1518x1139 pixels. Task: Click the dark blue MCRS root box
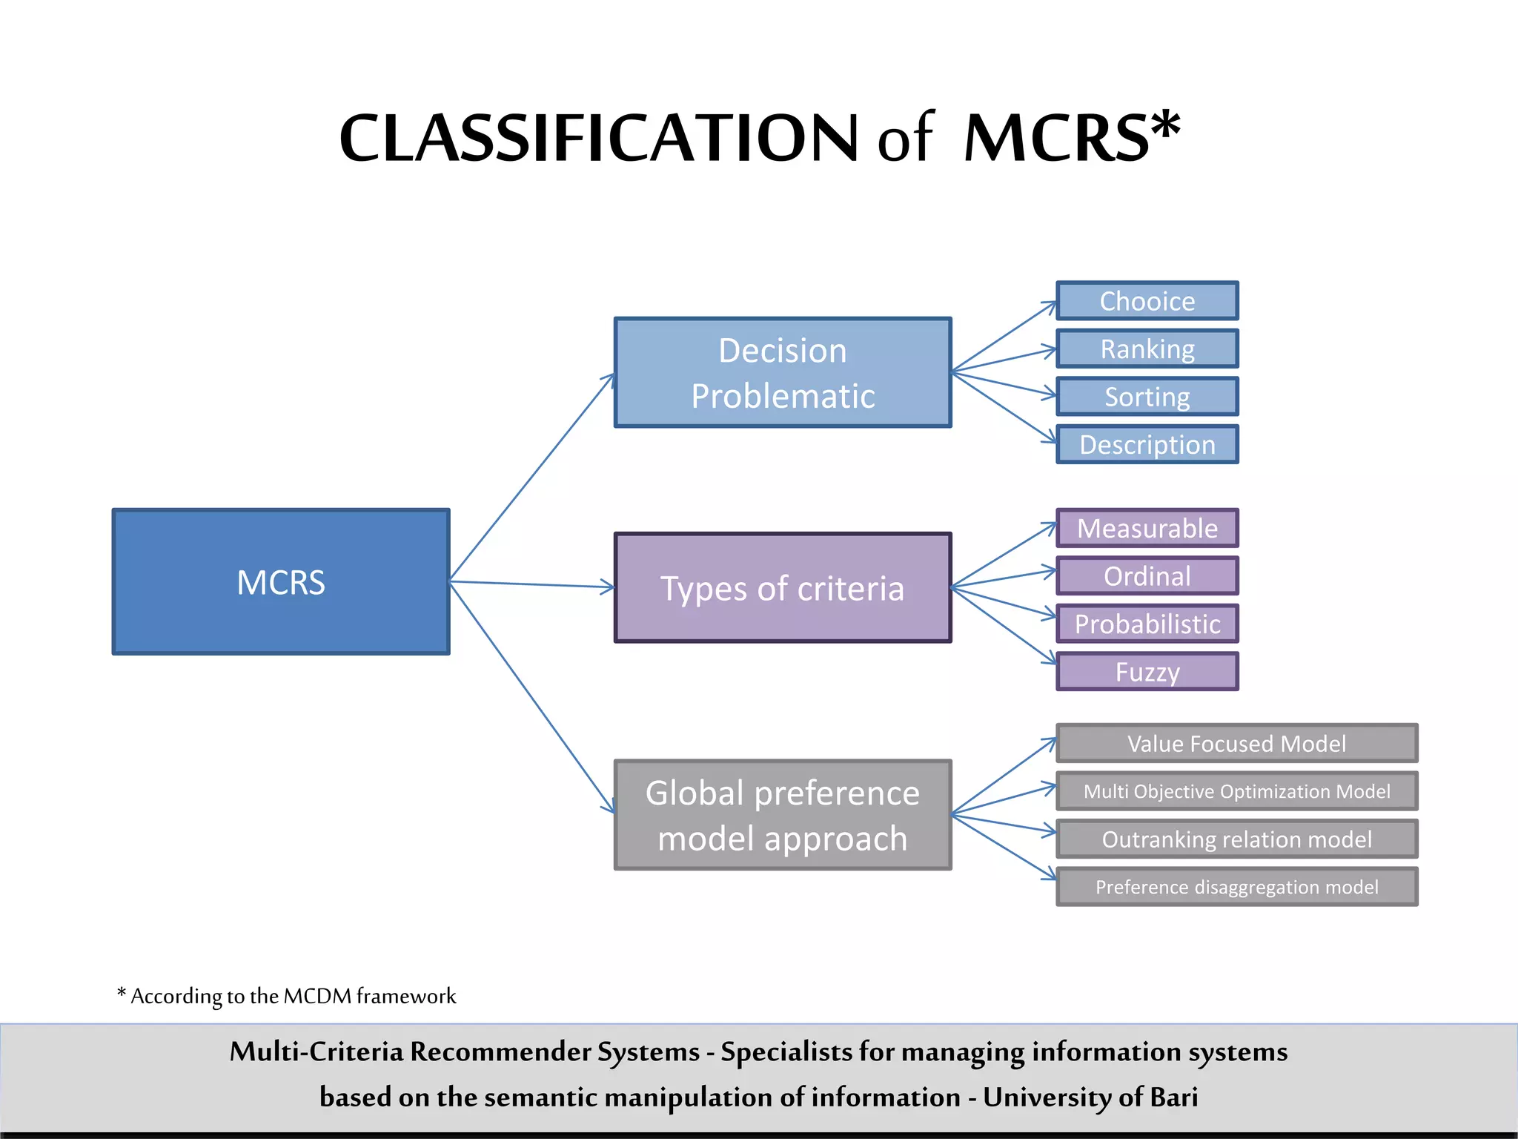pyautogui.click(x=281, y=582)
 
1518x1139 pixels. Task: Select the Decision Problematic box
pyautogui.click(x=783, y=373)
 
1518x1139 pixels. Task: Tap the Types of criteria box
pyautogui.click(x=783, y=587)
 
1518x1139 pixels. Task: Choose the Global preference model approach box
pyautogui.click(x=783, y=815)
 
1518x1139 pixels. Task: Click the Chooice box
pyautogui.click(x=1147, y=301)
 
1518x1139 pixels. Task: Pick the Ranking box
pyautogui.click(x=1147, y=349)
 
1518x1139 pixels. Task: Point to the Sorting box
pyautogui.click(x=1147, y=397)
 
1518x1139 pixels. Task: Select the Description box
pyautogui.click(x=1147, y=444)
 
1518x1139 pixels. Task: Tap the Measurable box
pyautogui.click(x=1147, y=528)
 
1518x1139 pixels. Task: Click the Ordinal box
pyautogui.click(x=1147, y=576)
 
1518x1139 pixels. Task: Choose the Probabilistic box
pyautogui.click(x=1147, y=624)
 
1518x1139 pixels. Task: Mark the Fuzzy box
pyautogui.click(x=1147, y=672)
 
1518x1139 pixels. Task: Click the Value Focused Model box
pyautogui.click(x=1236, y=743)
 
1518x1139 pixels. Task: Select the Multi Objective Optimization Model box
pyautogui.click(x=1236, y=791)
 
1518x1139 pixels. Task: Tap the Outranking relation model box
pyautogui.click(x=1236, y=839)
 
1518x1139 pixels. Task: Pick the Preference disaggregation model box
pyautogui.click(x=1236, y=887)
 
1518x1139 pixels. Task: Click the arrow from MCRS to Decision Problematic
pyautogui.click(x=531, y=478)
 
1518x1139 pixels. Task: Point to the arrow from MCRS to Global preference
pyautogui.click(x=531, y=697)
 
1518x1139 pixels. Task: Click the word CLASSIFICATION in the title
pyautogui.click(x=597, y=139)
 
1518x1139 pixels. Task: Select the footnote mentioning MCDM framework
pyautogui.click(x=287, y=996)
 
